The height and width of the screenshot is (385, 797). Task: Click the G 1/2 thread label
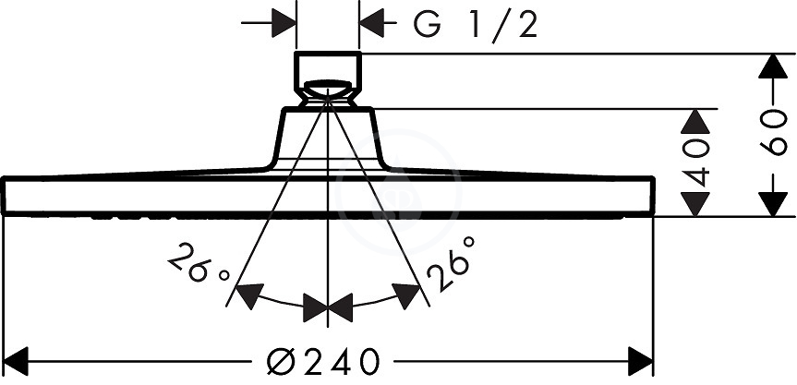tap(475, 26)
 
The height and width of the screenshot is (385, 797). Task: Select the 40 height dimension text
tap(694, 163)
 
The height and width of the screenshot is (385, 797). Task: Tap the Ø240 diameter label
tap(323, 362)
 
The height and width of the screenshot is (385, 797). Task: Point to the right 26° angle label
tap(451, 263)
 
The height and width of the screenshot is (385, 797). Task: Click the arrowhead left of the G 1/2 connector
tap(284, 23)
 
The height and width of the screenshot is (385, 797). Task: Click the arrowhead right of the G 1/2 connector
tap(371, 23)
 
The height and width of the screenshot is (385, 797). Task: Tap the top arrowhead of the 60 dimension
tap(773, 66)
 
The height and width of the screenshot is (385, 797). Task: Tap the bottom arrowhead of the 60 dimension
tap(773, 204)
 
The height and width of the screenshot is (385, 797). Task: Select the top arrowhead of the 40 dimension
tap(694, 121)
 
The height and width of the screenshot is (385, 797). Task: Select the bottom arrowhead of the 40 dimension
tap(694, 204)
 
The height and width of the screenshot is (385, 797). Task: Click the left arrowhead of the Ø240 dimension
tap(16, 362)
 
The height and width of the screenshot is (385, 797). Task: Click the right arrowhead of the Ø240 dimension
tap(640, 362)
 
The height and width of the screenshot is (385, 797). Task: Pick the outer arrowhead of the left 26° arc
tap(249, 296)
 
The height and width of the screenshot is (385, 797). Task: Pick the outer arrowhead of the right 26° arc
tap(406, 296)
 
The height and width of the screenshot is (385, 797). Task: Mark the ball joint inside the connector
tap(328, 90)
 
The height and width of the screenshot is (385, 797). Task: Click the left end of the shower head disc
tap(4, 195)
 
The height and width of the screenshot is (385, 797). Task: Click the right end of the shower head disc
tap(652, 195)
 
